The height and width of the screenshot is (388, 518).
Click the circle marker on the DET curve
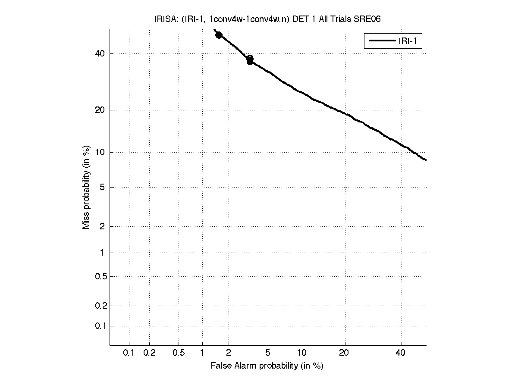coord(219,35)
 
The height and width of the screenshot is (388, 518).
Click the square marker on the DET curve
coord(250,61)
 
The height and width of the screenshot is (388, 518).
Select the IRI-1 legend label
coord(409,41)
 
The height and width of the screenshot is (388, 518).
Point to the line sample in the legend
coord(381,41)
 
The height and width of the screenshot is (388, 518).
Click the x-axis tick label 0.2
coord(149,353)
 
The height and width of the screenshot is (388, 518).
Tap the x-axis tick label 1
coord(202,353)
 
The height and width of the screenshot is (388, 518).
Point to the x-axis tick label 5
coord(268,353)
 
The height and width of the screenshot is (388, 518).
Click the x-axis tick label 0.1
coord(129,353)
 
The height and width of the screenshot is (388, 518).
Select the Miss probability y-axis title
coord(86,187)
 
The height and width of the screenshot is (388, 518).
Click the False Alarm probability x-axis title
coord(267,366)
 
